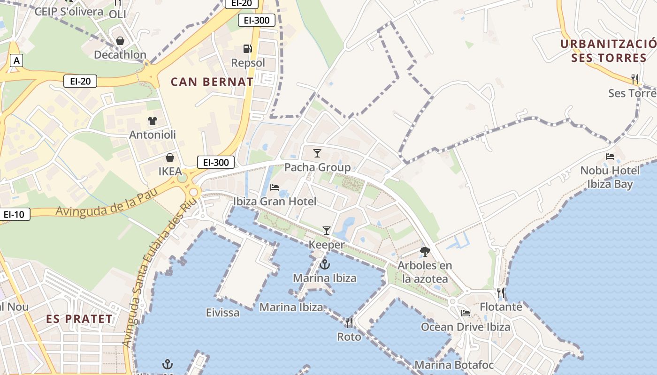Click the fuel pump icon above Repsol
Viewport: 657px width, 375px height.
(x=247, y=48)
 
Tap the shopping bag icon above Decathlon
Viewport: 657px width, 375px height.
(x=120, y=41)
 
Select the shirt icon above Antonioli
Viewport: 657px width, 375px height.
(x=153, y=121)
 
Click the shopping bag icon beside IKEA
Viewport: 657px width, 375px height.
(x=170, y=157)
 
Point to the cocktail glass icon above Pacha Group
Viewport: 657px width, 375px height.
(x=317, y=153)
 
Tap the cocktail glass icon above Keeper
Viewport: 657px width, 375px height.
(x=327, y=230)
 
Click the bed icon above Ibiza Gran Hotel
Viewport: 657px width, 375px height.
(x=275, y=187)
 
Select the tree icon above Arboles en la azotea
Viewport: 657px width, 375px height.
(x=425, y=252)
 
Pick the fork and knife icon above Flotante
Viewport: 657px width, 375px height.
(x=501, y=293)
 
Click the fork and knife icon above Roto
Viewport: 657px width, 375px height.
(x=349, y=322)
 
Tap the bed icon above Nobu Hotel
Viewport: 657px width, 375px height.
(x=610, y=157)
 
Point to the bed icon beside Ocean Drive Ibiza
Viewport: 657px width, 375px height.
(x=466, y=313)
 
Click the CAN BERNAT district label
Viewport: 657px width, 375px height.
(x=212, y=82)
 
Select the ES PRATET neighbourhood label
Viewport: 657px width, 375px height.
(x=79, y=319)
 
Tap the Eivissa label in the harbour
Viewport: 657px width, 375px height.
(x=222, y=312)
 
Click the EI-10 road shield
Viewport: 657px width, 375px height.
(x=14, y=215)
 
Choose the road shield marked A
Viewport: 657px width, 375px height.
(x=17, y=60)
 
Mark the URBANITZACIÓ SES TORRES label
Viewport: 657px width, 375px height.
(x=609, y=51)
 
